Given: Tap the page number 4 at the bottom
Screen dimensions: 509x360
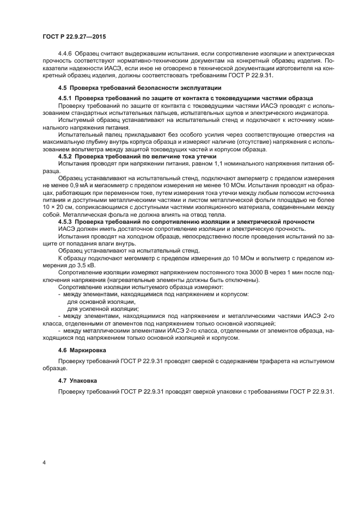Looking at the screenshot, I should click(44, 463).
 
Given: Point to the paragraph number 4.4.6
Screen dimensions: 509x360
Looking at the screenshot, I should click(66, 55).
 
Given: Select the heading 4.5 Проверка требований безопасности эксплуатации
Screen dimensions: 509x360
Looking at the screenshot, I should click(139, 88).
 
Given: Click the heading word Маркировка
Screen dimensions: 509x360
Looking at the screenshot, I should click(89, 350).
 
